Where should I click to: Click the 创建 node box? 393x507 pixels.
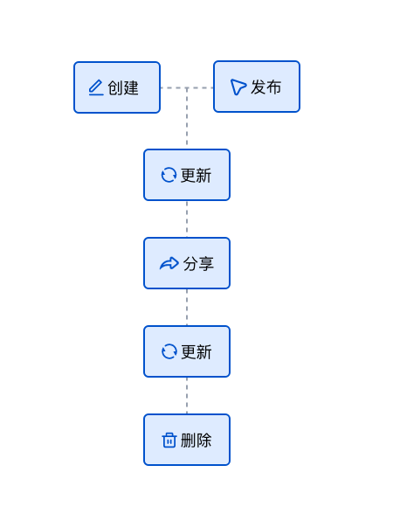[117, 87]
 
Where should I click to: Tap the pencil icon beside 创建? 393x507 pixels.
[96, 87]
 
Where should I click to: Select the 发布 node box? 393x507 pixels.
[257, 87]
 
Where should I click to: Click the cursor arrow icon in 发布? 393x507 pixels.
[238, 87]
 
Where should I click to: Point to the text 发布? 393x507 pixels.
[266, 87]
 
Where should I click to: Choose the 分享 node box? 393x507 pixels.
[187, 263]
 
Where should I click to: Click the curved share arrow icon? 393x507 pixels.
[169, 263]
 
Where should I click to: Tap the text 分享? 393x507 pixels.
[198, 263]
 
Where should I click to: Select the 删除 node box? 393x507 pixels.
[187, 440]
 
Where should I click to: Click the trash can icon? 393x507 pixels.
[169, 440]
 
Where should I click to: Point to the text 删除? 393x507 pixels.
[196, 440]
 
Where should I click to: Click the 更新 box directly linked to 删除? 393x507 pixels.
[187, 351]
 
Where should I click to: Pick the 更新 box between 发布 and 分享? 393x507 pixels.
[187, 175]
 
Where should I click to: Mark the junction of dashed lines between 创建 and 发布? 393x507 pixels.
[187, 87]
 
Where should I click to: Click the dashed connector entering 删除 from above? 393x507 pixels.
[187, 396]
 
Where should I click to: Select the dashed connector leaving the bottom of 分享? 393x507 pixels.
[187, 308]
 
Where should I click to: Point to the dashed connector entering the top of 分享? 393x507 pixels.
[187, 219]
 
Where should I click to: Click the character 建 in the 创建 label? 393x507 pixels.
[131, 88]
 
